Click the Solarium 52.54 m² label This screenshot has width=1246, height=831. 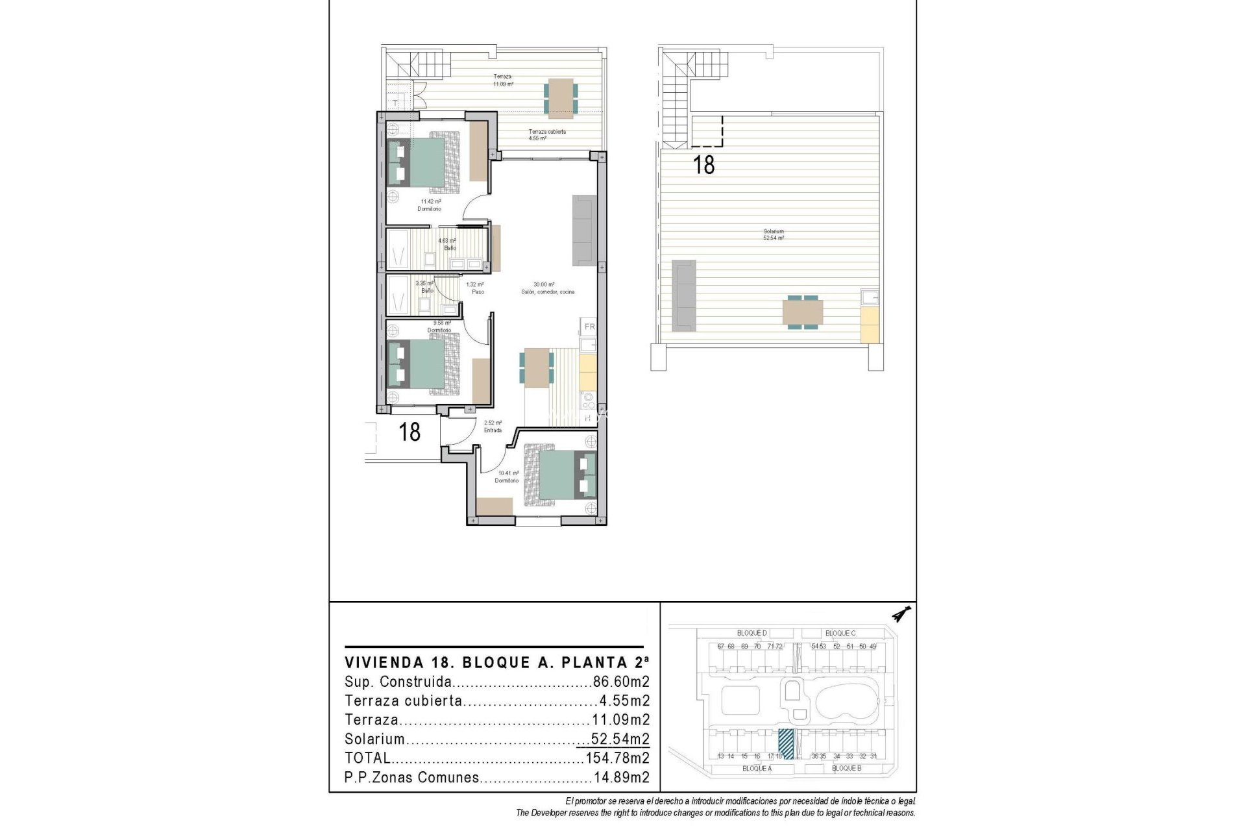coord(774,235)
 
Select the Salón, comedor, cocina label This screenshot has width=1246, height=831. coord(547,292)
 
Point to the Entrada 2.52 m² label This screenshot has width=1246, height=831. coord(493,427)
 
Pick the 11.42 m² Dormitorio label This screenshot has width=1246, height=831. coord(429,205)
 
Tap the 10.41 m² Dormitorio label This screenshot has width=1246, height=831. coord(507,477)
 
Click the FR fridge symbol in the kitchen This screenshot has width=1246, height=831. coord(589,327)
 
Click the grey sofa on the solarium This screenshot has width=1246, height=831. coord(683,293)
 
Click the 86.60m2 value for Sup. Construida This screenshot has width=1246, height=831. coord(621,682)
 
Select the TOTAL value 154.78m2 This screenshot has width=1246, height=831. coord(617,758)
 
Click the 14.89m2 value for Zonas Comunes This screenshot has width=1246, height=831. coord(621,778)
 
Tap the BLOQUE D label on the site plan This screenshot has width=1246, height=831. coord(751,633)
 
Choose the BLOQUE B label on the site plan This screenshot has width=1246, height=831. coord(846,768)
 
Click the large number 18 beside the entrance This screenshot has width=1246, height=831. coord(409,432)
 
